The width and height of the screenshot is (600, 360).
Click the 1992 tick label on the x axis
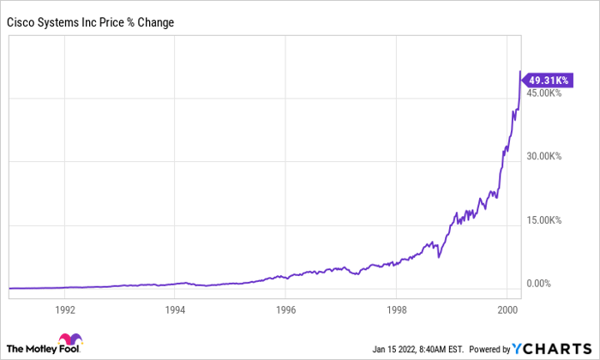tap(65, 309)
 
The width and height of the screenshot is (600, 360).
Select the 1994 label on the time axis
tap(175, 309)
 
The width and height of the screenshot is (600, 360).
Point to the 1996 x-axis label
tap(285, 309)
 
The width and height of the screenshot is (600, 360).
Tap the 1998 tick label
tap(397, 309)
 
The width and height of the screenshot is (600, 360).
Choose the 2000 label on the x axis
tap(507, 309)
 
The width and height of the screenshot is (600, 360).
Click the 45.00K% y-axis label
tap(543, 93)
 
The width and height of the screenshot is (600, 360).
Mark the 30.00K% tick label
tap(543, 156)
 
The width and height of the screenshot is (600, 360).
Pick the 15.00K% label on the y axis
tap(543, 220)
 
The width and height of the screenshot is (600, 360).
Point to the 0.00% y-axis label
tap(538, 284)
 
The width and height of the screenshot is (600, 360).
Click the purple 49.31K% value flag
tap(548, 81)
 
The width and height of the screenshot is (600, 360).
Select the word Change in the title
tap(156, 22)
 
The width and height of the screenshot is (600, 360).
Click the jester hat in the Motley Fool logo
tap(70, 339)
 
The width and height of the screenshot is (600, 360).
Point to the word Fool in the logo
tap(69, 349)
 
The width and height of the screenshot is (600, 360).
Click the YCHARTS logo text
tap(552, 349)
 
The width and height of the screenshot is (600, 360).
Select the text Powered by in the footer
tap(489, 350)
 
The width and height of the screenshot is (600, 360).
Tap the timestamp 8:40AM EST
tap(441, 350)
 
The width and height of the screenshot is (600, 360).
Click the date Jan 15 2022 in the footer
tap(394, 350)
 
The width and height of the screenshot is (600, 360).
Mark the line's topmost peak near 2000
tap(520, 71)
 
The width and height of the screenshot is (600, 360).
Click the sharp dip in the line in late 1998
tap(439, 257)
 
